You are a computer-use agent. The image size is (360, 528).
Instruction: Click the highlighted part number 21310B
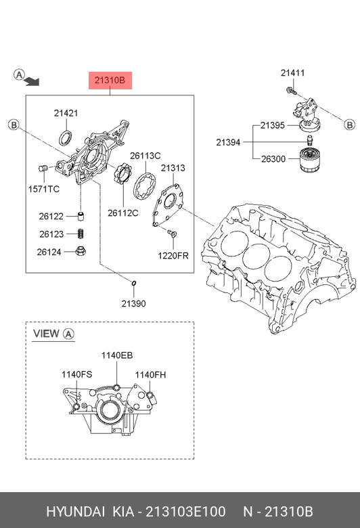click(110, 80)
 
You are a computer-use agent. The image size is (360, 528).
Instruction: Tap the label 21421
click(66, 113)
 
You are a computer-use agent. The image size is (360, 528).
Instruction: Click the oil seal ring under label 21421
click(66, 138)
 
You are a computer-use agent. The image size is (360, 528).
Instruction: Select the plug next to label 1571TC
click(43, 169)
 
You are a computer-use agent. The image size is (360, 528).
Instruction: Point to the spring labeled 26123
click(81, 234)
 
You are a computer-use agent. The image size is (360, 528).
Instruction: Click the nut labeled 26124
click(81, 251)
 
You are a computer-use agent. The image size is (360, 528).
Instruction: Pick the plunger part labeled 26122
click(81, 216)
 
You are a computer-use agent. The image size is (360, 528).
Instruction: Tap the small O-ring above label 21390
click(133, 283)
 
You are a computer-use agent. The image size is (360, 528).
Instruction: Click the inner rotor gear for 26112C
click(123, 173)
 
